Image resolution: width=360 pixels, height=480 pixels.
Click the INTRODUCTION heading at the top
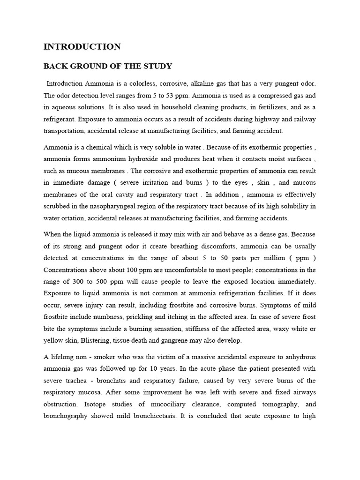pyautogui.click(x=82, y=46)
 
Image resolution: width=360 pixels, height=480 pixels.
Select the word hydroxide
pyautogui.click(x=140, y=158)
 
